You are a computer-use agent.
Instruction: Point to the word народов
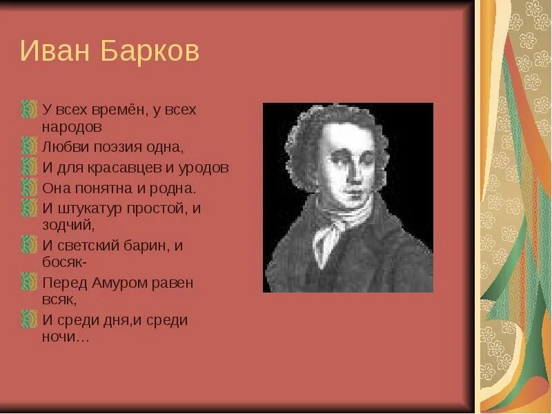(x=72, y=127)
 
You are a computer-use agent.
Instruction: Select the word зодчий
(x=67, y=224)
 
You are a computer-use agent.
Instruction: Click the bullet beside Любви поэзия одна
(x=29, y=146)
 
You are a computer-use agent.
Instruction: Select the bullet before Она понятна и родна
(x=29, y=187)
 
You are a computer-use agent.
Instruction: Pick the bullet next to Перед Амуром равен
(x=29, y=282)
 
